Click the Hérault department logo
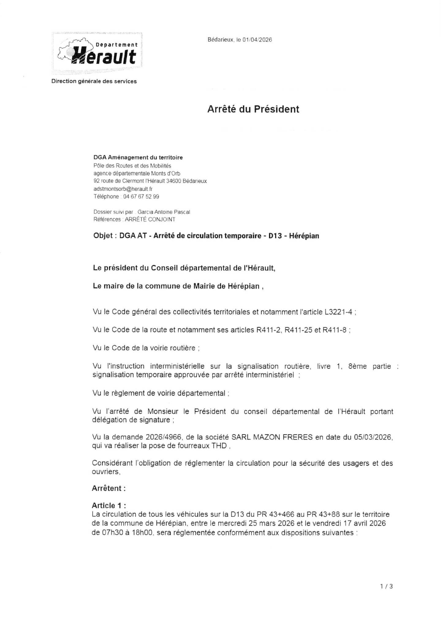point(97,53)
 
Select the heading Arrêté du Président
point(253,109)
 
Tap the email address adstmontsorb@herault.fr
point(123,189)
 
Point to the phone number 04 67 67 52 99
point(141,197)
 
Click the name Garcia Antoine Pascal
point(164,212)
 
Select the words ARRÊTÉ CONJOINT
point(150,219)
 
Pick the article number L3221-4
point(338,312)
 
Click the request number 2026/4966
point(165,437)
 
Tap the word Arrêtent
point(107,488)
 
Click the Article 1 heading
point(109,505)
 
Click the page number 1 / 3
point(386,586)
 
